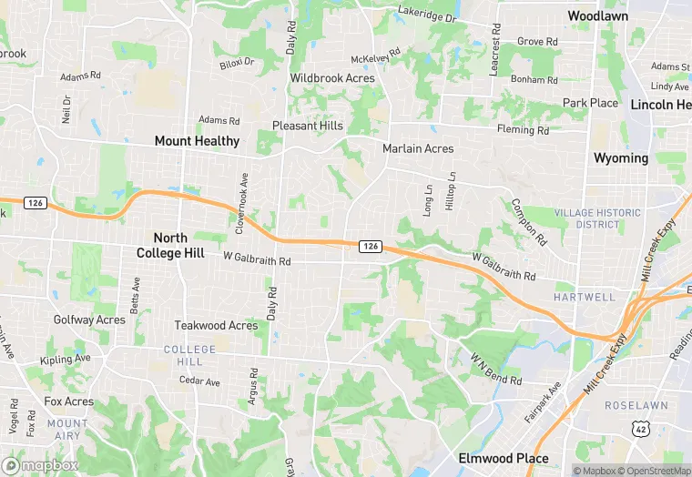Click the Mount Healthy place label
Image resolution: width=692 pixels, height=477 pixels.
tap(197, 141)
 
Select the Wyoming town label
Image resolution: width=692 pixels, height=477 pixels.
tap(621, 158)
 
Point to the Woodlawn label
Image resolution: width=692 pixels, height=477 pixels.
tap(597, 15)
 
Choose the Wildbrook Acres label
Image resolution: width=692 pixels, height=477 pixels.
tap(332, 78)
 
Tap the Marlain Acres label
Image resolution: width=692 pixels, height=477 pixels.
tap(418, 148)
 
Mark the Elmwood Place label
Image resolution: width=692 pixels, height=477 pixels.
tap(504, 458)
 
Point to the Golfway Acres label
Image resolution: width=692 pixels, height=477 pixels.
tap(89, 320)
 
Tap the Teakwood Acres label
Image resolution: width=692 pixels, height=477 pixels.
tap(217, 325)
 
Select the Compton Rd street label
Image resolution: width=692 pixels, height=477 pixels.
tap(528, 222)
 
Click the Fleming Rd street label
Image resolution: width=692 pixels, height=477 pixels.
tap(523, 131)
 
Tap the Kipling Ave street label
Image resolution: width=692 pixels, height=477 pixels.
tap(71, 359)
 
